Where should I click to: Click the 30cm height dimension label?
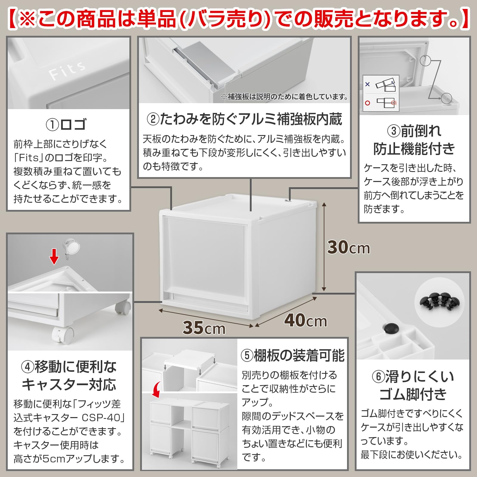coord(348,247)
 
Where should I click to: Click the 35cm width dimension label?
coord(204,328)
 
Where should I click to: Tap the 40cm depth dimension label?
coord(305,320)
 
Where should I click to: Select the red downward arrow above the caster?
coord(54,257)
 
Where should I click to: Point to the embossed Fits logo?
coord(67,70)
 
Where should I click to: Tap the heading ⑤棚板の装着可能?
coord(292,355)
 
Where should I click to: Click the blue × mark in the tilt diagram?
coord(367,84)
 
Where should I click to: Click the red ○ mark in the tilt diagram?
coord(367,103)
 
